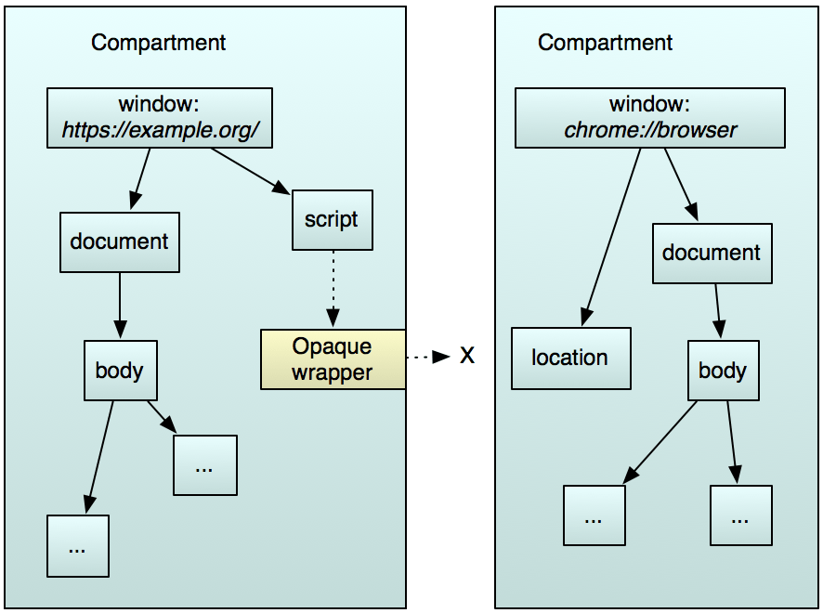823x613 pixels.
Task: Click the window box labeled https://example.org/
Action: [159, 118]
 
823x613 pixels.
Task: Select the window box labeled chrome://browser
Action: [650, 118]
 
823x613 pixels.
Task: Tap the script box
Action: [332, 220]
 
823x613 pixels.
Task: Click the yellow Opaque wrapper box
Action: [333, 359]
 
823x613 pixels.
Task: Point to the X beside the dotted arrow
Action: [467, 356]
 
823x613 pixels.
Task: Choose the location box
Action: [570, 358]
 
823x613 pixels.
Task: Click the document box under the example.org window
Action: [119, 241]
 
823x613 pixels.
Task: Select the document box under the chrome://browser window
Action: [712, 253]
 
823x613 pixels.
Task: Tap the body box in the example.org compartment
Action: [120, 371]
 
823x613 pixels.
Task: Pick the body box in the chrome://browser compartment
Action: [722, 371]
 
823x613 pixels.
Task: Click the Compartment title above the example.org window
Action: [158, 43]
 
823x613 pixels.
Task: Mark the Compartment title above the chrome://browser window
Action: [605, 43]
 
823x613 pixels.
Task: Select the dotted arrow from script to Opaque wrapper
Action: [332, 289]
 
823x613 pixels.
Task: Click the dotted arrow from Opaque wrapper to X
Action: [428, 357]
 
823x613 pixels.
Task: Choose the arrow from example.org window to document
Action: [141, 179]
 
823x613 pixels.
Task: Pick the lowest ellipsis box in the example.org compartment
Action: [78, 546]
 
